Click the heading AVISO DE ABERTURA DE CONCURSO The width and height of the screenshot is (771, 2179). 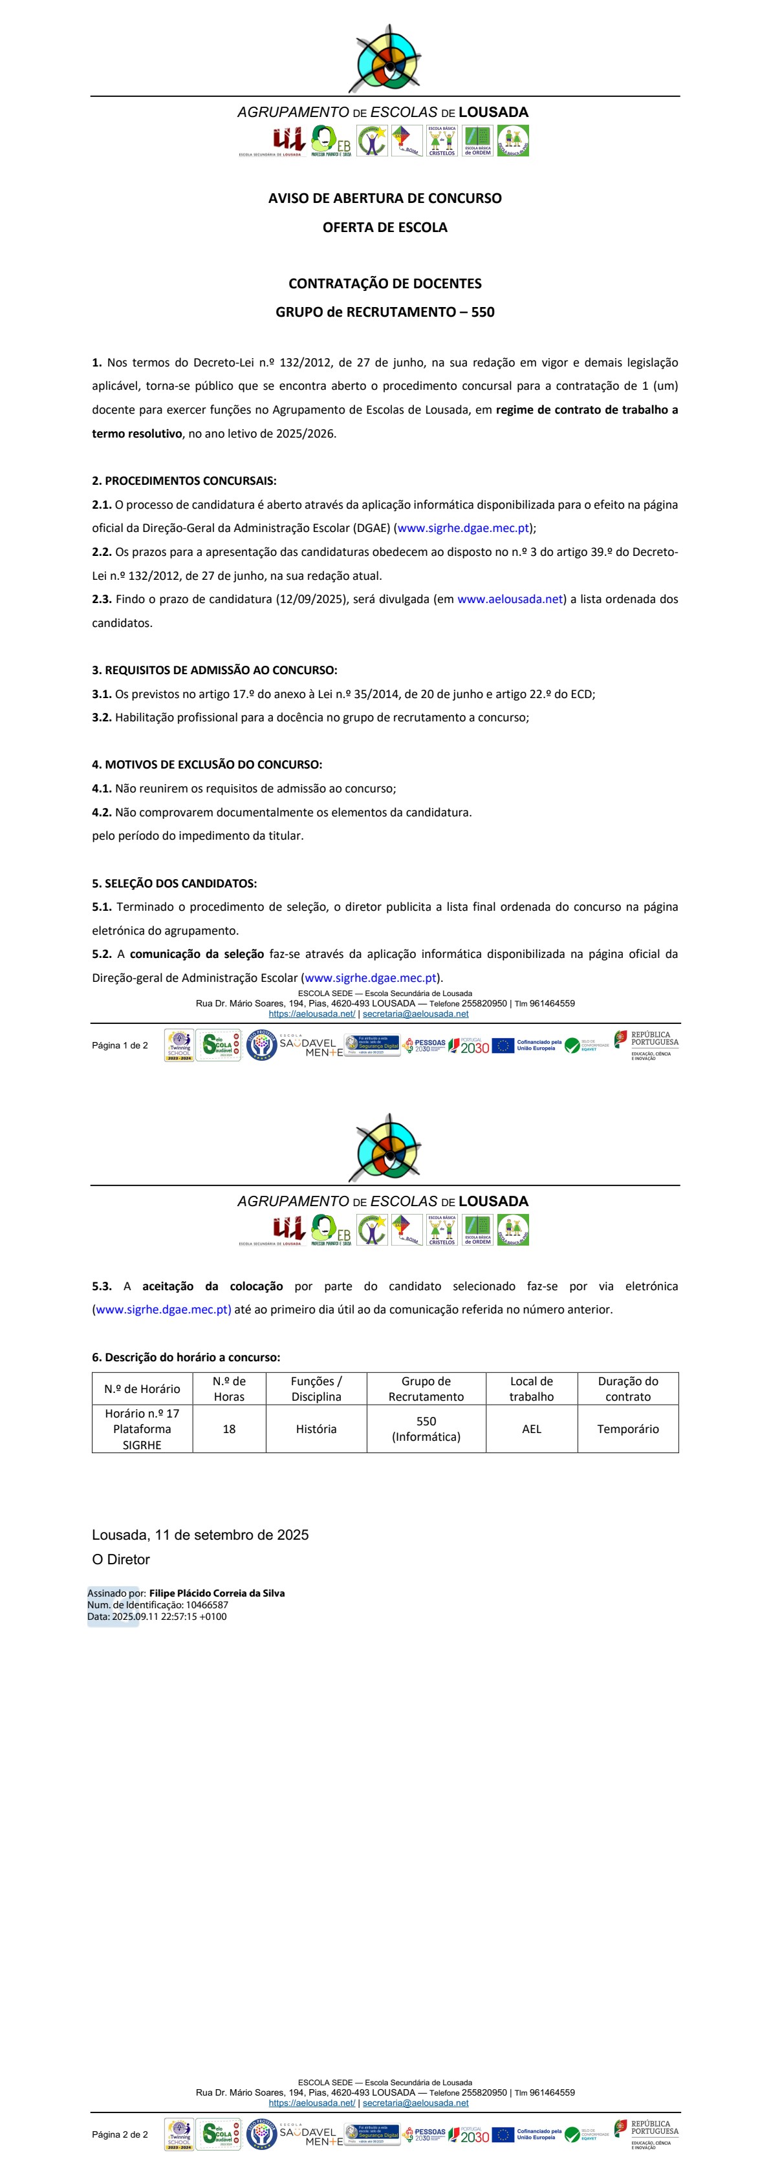coord(384,198)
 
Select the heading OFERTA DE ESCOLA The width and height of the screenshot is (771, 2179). coord(384,227)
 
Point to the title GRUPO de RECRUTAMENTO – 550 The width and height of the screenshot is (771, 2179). coord(384,312)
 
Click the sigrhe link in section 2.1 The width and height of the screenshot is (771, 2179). coord(463,528)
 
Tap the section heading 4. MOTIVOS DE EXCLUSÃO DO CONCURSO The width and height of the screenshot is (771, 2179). coord(206,764)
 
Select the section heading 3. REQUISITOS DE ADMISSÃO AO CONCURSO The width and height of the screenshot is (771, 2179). coord(214,670)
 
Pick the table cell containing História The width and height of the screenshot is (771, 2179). coord(316,1429)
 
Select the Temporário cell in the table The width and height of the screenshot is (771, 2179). coord(627,1429)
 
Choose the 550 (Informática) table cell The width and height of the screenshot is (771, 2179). coord(426,1429)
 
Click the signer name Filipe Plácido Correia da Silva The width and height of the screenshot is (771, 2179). coord(217,1593)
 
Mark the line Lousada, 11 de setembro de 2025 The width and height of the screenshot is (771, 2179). coord(200,1535)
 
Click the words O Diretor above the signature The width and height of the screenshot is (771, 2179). coord(120,1559)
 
